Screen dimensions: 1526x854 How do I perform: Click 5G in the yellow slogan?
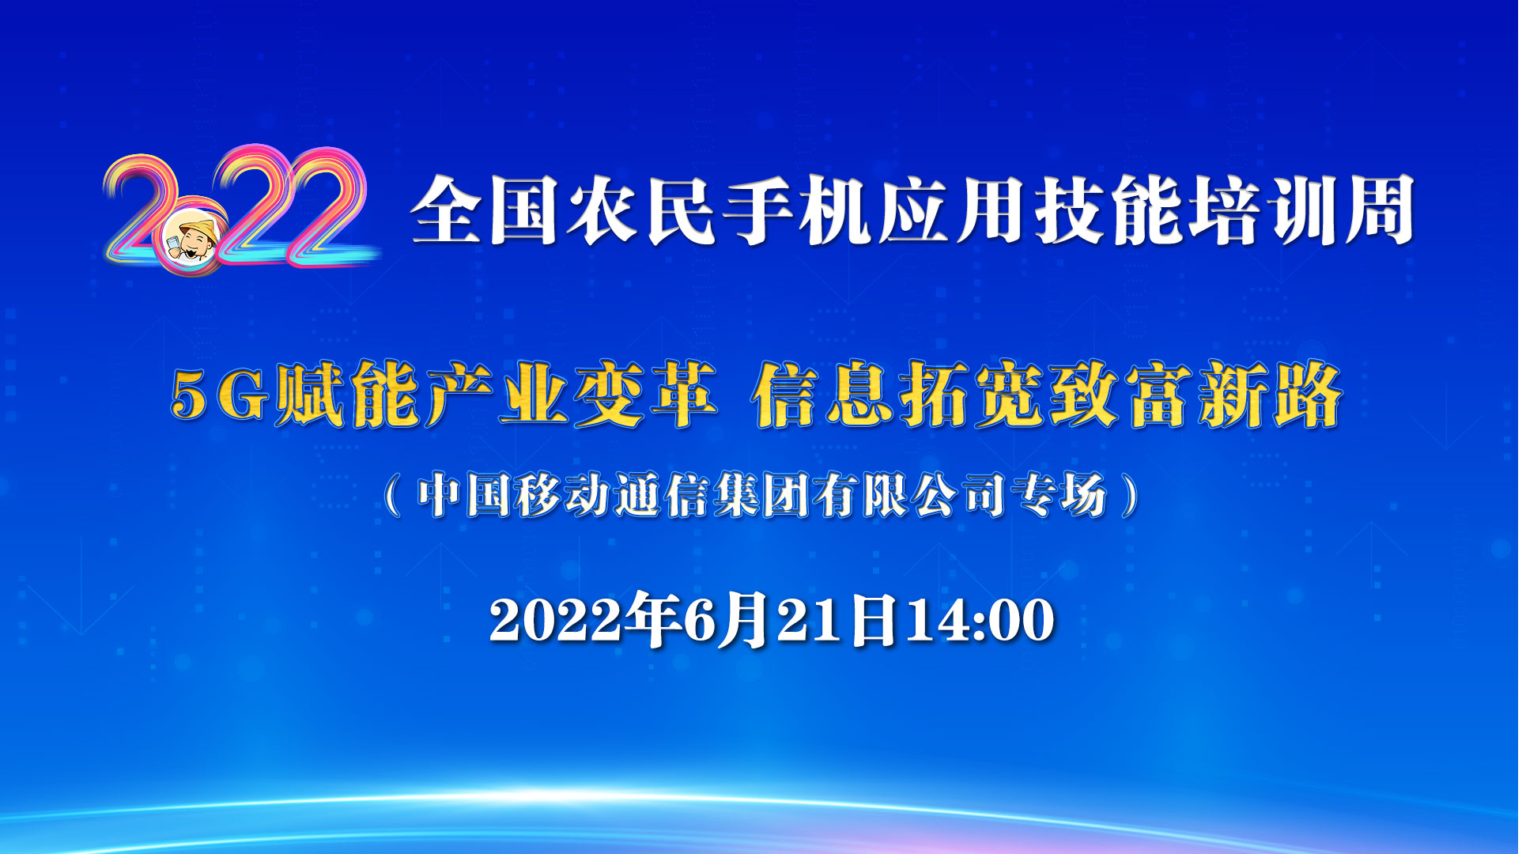pos(221,395)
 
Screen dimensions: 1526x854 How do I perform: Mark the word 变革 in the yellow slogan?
pos(646,395)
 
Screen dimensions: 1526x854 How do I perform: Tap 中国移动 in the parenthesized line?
pos(514,496)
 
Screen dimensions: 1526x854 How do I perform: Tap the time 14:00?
pos(980,620)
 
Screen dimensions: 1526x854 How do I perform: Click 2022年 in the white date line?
pos(586,620)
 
